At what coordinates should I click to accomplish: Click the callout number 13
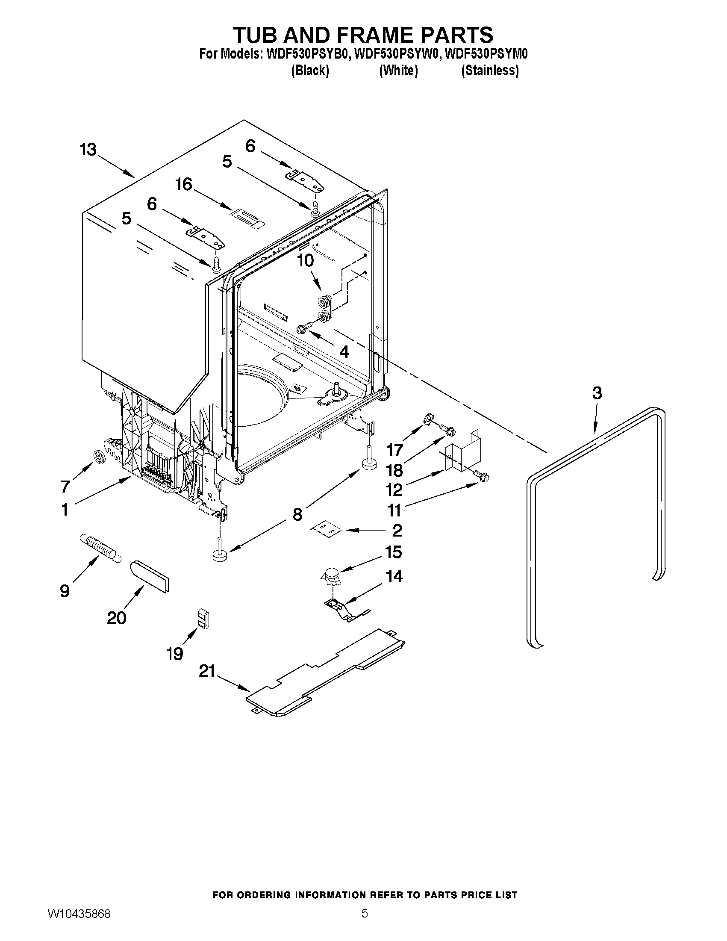tap(88, 150)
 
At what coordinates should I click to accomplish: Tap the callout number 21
tap(207, 671)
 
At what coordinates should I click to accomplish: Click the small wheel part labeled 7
tap(100, 456)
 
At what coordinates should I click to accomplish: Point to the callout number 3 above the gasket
tap(597, 392)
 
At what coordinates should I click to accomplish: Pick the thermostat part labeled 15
tap(331, 575)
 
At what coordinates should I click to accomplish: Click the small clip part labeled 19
tap(203, 619)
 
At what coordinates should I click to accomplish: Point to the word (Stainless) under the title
tap(490, 70)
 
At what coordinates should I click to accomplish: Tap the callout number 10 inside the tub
tap(305, 260)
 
